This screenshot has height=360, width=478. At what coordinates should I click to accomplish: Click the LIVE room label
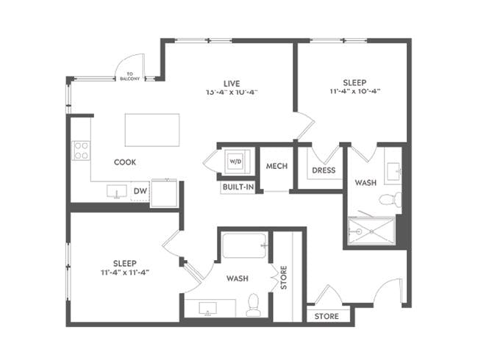click(232, 82)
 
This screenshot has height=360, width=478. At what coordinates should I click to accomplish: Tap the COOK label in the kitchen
click(124, 162)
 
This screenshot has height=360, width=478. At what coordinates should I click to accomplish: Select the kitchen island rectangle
click(152, 130)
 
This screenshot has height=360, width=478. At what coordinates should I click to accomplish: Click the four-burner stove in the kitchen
click(81, 151)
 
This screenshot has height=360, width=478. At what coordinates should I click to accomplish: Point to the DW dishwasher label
click(140, 192)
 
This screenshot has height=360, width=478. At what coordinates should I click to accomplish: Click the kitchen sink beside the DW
click(117, 192)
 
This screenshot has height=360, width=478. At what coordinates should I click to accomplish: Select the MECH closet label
click(276, 166)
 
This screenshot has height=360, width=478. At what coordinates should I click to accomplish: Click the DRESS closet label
click(324, 170)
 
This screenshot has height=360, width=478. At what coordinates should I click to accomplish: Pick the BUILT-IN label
click(239, 187)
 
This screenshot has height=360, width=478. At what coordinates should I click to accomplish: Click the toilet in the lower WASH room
click(254, 304)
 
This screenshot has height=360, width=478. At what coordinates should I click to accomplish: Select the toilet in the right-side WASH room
click(390, 199)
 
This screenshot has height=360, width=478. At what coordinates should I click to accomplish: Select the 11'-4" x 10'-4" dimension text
click(354, 93)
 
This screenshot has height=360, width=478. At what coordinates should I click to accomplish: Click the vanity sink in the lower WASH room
click(207, 307)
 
